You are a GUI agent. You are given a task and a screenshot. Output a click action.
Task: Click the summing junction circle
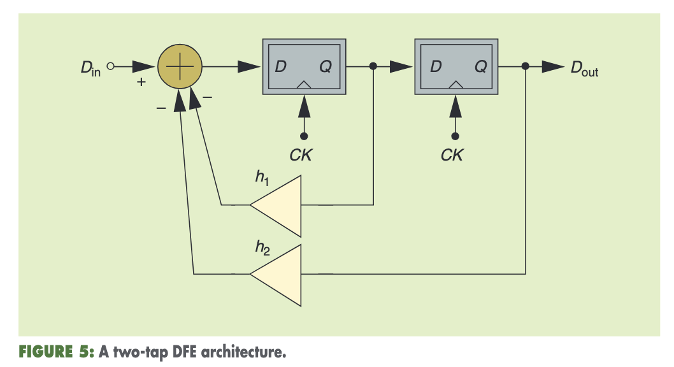[x=180, y=66]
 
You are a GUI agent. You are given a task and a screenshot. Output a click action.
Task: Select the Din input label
[x=91, y=67]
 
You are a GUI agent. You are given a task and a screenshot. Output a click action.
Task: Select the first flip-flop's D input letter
[x=280, y=66]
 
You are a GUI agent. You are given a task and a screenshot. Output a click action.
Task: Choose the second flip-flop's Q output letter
[x=481, y=66]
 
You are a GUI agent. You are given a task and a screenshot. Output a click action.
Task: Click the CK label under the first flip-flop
[x=301, y=155]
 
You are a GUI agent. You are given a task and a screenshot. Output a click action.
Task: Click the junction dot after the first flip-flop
[x=373, y=66]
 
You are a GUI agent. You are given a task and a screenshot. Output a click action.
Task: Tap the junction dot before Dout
[x=526, y=66]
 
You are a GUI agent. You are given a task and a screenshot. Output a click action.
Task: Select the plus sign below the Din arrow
[x=141, y=82]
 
